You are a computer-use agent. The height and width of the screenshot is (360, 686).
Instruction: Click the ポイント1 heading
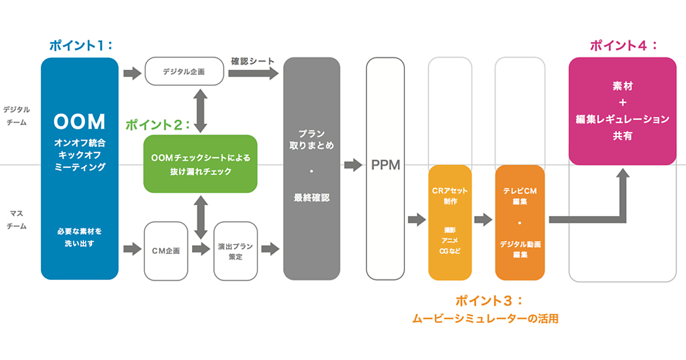80,46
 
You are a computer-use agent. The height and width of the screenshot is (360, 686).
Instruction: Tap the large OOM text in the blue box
79,122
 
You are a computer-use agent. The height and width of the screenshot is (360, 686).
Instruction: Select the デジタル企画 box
184,71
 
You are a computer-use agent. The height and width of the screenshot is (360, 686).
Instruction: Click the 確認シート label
253,61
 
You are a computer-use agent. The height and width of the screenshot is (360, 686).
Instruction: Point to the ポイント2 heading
158,125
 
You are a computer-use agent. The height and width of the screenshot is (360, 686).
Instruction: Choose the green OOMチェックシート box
200,163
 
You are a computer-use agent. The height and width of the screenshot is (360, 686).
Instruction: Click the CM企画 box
166,251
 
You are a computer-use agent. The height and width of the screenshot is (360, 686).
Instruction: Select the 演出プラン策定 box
235,251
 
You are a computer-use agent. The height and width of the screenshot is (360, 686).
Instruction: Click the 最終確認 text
312,198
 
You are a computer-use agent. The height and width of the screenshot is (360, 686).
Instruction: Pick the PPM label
385,166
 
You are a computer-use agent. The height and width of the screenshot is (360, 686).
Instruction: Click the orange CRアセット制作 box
449,222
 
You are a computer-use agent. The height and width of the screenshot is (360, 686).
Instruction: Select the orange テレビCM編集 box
520,222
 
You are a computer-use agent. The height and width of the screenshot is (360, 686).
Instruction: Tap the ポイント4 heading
623,46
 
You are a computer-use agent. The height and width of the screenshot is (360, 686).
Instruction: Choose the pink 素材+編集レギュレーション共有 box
623,111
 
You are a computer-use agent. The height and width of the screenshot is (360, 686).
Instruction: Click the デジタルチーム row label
16,115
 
